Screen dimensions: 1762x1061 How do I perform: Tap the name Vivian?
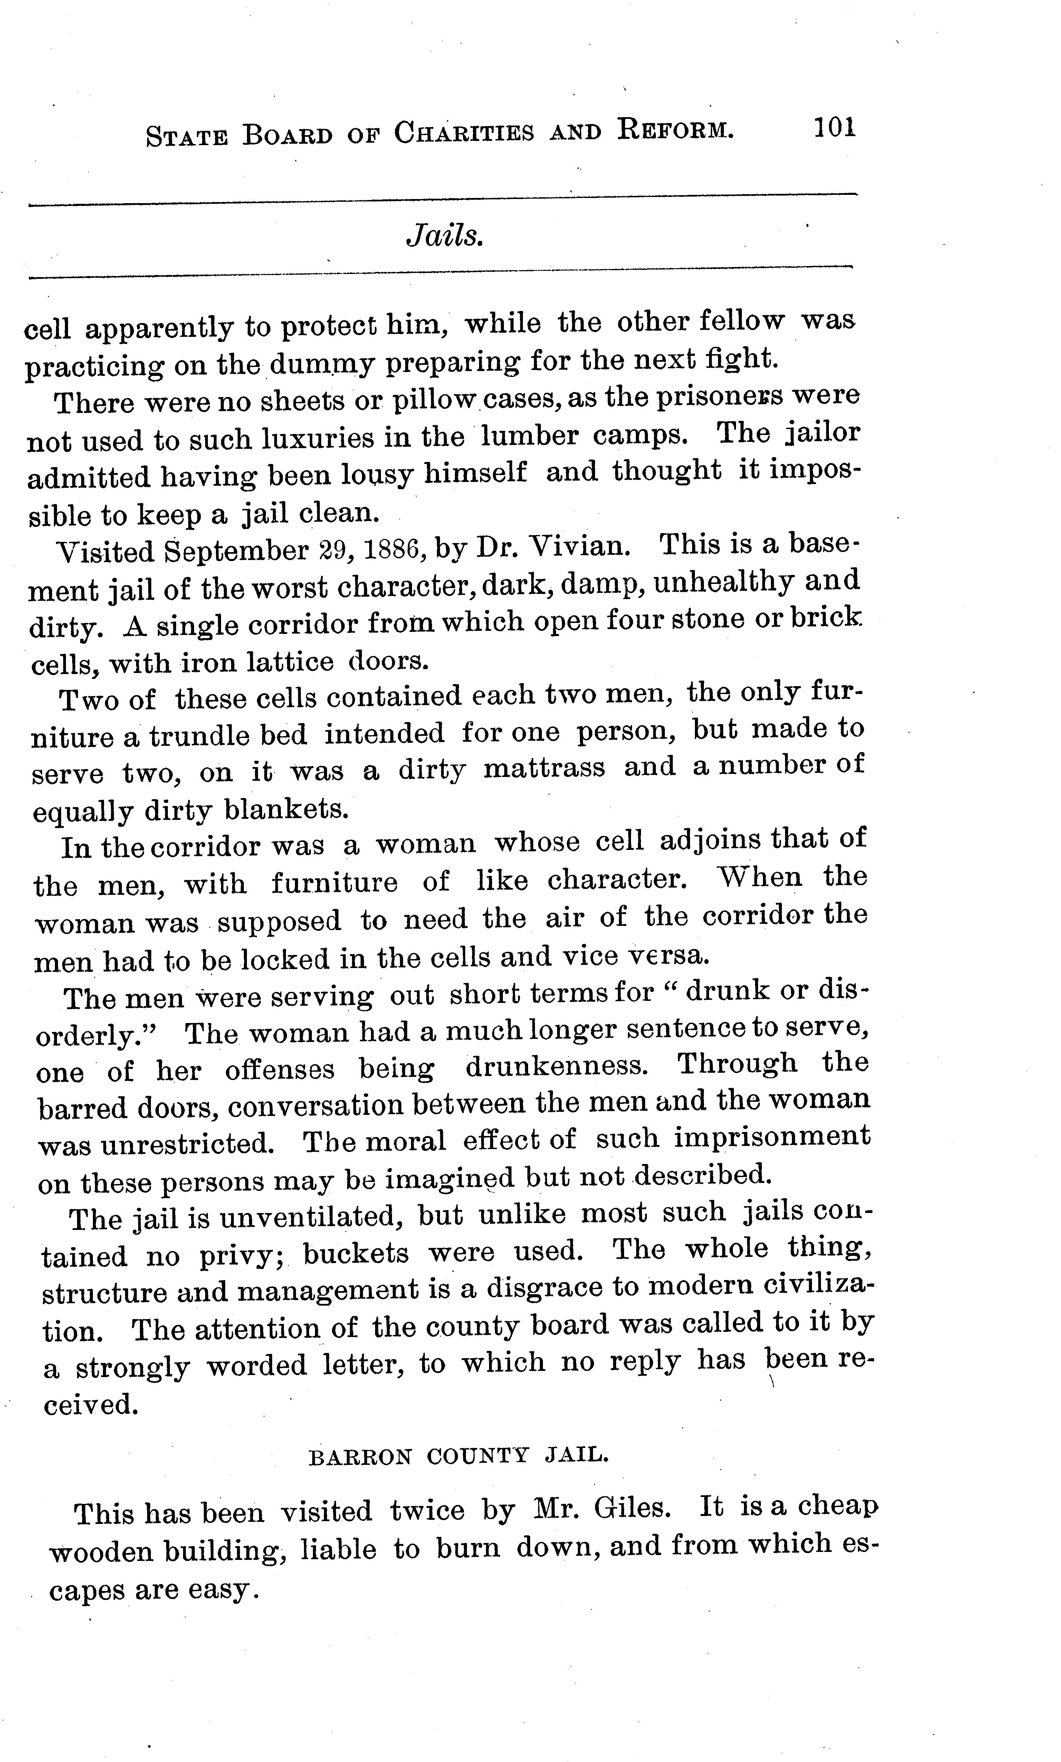pyautogui.click(x=581, y=547)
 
